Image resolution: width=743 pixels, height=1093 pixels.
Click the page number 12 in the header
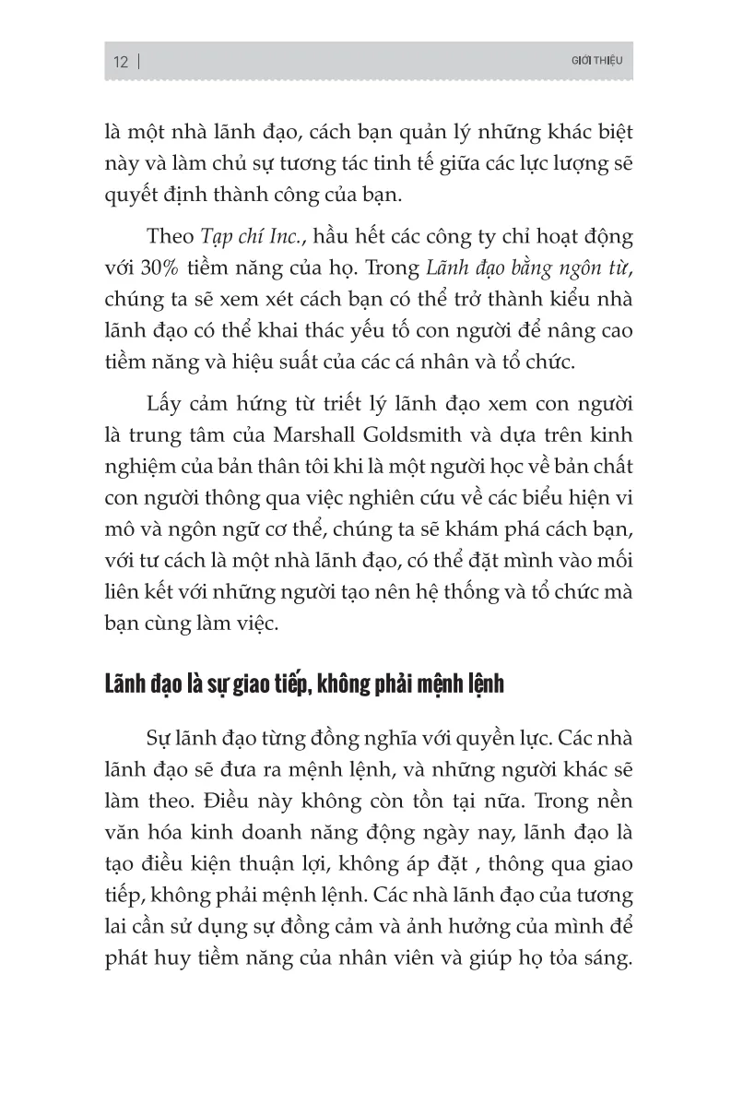point(120,63)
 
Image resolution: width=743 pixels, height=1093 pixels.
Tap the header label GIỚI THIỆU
point(600,62)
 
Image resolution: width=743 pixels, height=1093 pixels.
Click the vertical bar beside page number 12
point(138,63)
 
